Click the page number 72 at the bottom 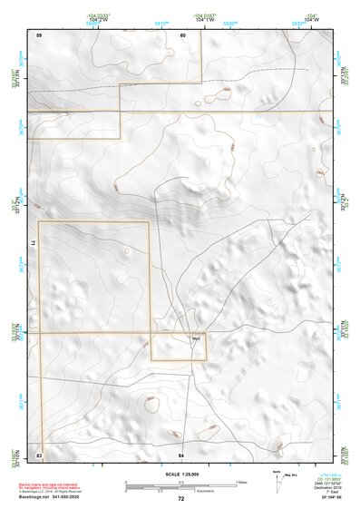click(x=180, y=498)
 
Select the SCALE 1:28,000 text click(x=180, y=474)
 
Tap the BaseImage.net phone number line click(x=51, y=498)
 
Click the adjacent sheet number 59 click(x=39, y=34)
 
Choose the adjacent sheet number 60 click(x=182, y=34)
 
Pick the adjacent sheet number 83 click(x=39, y=453)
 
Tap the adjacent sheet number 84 click(x=181, y=453)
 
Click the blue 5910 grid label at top click(x=161, y=24)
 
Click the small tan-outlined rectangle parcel click(x=179, y=347)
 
